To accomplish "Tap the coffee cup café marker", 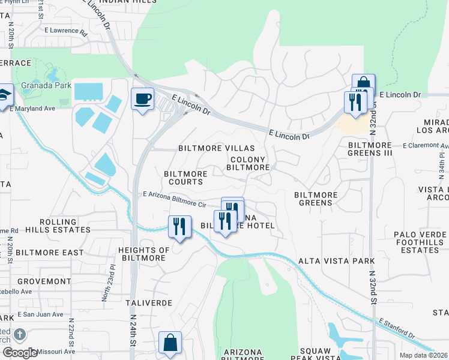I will tap(142, 99).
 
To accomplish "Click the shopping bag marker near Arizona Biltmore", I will tap(170, 343).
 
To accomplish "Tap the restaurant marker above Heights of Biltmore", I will tap(179, 227).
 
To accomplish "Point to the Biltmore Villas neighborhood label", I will tap(216, 148).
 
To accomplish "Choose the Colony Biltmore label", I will tap(248, 164).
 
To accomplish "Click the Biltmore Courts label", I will tap(185, 178).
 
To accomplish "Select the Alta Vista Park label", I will tap(336, 261).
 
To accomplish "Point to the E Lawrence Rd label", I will tap(66, 31).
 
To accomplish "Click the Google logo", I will tap(20, 353).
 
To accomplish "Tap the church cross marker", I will tap(19, 334).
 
